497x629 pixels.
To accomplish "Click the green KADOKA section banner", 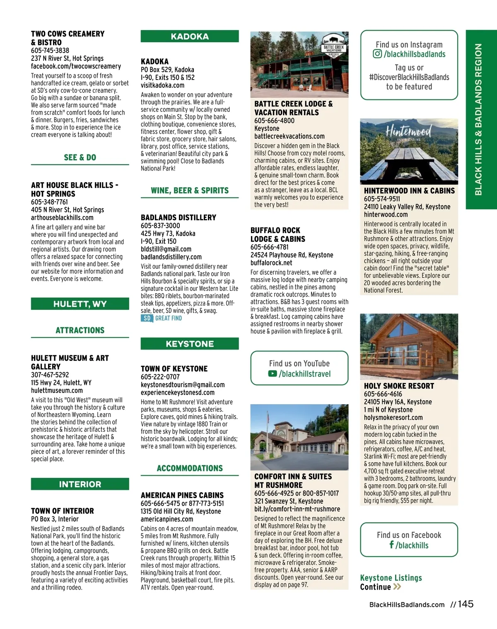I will pos(190,36).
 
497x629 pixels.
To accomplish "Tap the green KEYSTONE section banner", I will pos(190,344).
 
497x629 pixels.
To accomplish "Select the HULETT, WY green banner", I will pos(80,304).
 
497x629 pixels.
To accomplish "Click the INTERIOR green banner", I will pos(80,484).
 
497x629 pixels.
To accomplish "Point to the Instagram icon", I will pos(377,54).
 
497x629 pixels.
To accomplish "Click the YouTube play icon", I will pos(273,374).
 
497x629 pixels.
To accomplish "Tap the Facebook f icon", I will pos(391,545).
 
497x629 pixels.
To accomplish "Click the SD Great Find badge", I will pos(162,318).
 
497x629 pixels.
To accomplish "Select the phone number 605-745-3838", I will pos(50,51).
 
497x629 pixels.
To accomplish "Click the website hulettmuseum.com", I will pos(57,390).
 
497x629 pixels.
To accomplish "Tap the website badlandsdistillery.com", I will pos(171,257).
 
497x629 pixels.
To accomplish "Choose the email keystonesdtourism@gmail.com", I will pos(183,385).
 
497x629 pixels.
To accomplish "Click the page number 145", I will pos(466,604).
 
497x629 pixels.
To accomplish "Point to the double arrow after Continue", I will pos(397,587).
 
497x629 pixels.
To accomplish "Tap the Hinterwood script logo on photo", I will pos(408,132).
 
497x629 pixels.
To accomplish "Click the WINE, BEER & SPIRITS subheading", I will pos(190,190).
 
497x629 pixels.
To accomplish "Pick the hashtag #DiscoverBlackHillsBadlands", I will pos(409,77).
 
